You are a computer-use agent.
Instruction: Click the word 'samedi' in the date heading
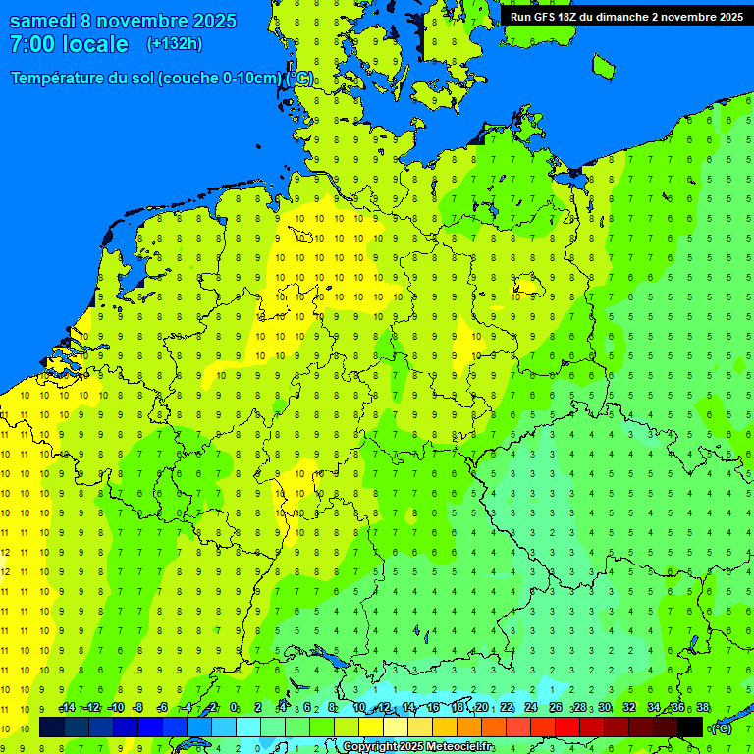pos(46,21)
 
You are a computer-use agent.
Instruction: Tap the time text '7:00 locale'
pos(69,44)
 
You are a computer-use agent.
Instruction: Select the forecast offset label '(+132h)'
pos(174,44)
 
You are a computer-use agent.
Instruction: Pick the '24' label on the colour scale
pos(530,708)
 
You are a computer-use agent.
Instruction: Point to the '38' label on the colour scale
pos(702,708)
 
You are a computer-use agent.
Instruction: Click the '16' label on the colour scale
pos(432,708)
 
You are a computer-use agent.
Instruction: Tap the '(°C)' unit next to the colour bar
pos(721,728)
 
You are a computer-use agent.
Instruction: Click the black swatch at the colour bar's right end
pos(690,727)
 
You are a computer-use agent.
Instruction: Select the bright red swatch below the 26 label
pos(567,727)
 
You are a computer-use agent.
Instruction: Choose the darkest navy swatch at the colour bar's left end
pos(52,727)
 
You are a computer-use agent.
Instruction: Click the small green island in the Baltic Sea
pos(603,65)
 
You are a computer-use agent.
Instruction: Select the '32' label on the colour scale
pos(628,708)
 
